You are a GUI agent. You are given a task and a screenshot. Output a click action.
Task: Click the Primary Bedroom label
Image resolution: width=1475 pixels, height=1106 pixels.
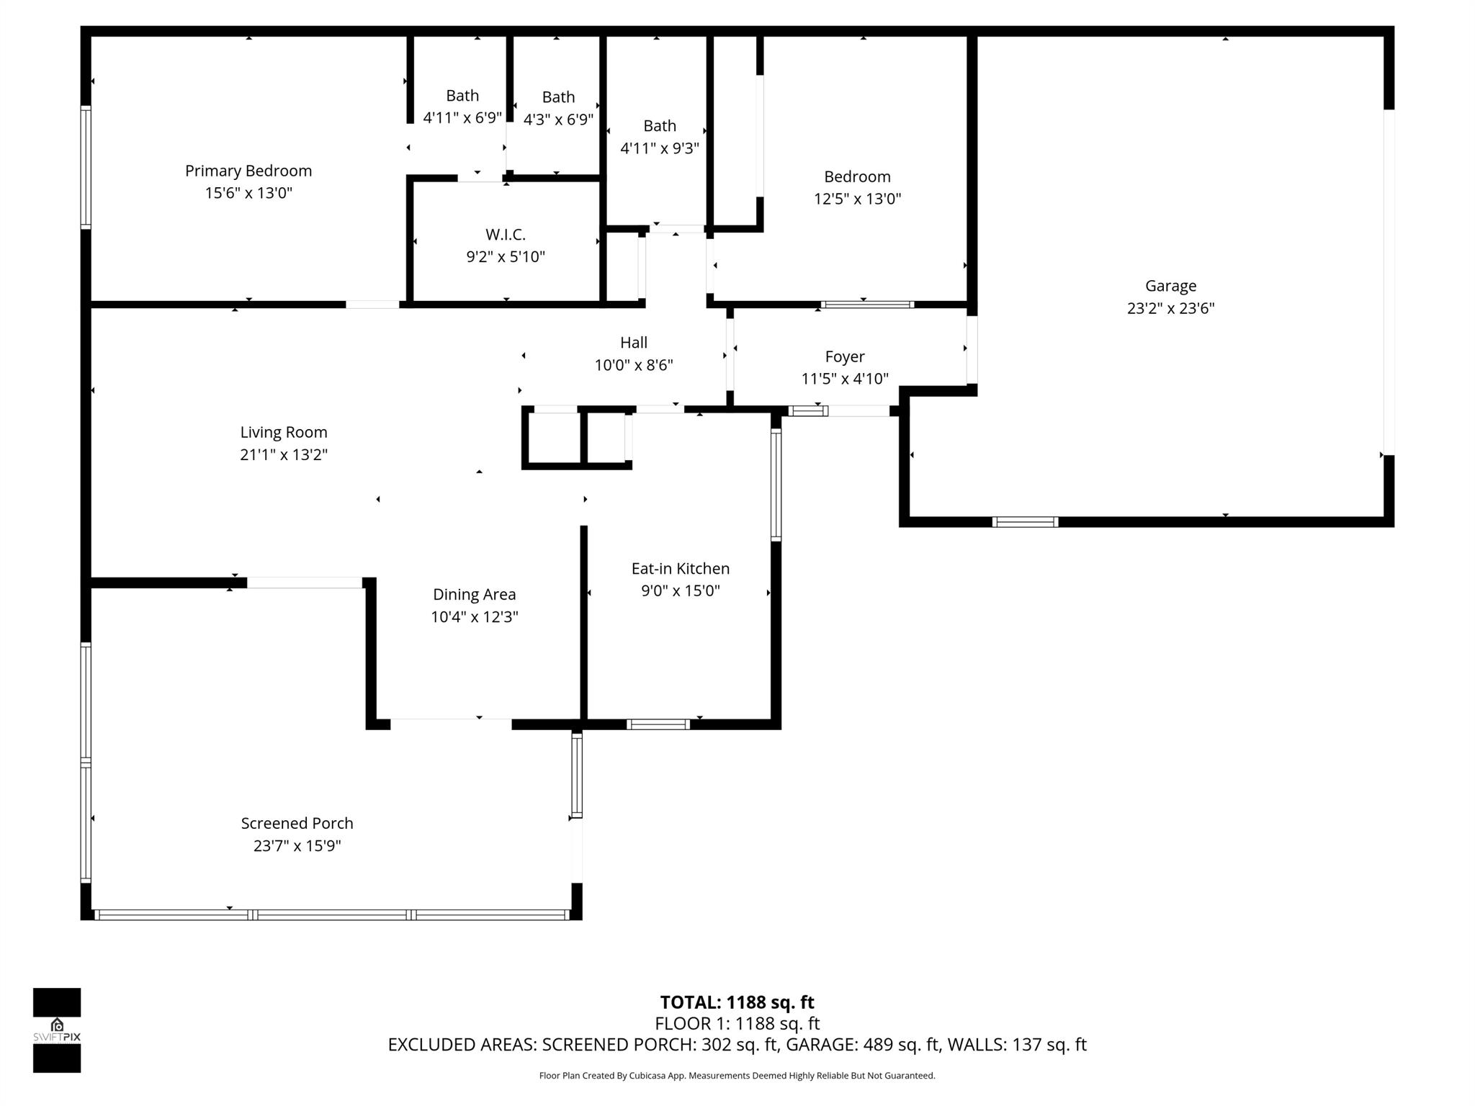pos(248,171)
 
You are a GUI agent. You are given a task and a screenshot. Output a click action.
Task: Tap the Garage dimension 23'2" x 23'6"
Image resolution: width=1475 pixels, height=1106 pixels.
pos(1170,308)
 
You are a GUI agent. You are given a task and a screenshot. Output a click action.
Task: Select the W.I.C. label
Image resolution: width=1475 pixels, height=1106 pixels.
pos(505,234)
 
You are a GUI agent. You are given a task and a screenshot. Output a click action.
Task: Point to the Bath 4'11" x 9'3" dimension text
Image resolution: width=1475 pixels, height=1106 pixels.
pos(659,148)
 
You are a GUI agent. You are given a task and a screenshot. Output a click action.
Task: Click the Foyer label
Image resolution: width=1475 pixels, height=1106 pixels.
pos(844,356)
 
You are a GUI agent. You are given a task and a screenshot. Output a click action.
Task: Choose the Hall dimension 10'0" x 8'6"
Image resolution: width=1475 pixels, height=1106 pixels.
pos(633,365)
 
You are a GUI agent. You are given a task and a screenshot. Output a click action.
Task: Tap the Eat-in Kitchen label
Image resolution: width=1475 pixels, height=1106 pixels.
pos(680,568)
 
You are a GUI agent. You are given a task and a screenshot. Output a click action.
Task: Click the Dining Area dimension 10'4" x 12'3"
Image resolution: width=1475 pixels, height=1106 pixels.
pos(474,617)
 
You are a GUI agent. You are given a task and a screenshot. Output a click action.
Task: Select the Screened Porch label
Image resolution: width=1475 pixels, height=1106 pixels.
pos(297,823)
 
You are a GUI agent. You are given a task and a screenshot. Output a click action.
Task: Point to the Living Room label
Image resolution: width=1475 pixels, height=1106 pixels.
pos(283,432)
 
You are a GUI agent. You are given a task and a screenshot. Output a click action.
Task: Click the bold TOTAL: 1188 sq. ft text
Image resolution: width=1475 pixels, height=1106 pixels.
pos(737,1002)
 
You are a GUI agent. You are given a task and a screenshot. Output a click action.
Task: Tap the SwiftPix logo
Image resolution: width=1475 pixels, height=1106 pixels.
pos(57,1030)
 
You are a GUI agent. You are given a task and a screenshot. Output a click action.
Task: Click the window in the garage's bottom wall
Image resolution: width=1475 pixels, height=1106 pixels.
pos(1025,522)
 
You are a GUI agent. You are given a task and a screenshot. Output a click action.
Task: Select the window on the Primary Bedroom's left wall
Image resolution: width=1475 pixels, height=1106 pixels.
pos(86,167)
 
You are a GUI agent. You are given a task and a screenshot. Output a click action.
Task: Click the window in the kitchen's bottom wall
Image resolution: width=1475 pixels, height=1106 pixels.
pos(658,724)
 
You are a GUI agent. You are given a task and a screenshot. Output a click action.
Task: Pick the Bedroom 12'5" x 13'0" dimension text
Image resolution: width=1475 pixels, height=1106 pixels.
pos(857,199)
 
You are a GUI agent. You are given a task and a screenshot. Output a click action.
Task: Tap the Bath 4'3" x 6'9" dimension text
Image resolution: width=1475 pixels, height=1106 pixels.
pos(558,120)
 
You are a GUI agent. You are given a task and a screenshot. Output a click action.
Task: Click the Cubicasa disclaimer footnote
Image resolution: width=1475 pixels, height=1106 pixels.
pos(737,1076)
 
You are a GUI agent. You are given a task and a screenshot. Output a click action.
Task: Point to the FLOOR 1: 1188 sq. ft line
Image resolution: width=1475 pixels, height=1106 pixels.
pos(737,1023)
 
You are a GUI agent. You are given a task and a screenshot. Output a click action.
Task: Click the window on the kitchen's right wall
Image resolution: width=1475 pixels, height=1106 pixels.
pos(776,484)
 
